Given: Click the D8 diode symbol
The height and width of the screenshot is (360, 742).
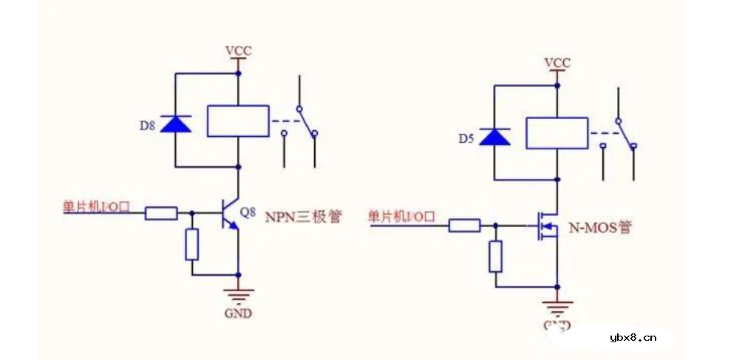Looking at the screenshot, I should click(x=176, y=123).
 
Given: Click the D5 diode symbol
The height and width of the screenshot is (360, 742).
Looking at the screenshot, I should click(x=494, y=137).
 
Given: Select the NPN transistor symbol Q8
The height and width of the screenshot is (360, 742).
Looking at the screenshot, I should click(x=231, y=214).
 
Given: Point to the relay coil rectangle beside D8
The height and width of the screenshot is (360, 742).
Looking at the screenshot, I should click(x=238, y=121).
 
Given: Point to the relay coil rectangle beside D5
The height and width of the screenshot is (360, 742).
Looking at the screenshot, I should click(x=556, y=134).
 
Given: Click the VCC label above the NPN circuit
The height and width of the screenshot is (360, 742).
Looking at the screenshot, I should click(x=238, y=51).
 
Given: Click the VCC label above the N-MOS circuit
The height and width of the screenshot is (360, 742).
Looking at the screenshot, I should click(x=557, y=63).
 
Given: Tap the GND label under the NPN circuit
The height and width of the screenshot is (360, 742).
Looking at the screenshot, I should click(x=238, y=313).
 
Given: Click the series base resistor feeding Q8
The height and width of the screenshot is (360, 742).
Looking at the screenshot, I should click(x=161, y=214).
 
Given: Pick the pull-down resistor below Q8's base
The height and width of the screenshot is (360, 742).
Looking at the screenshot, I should click(x=192, y=245).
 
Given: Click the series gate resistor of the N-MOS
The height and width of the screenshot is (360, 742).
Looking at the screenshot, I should click(x=465, y=225).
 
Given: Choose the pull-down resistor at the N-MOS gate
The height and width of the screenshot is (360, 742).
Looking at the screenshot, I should click(x=496, y=256).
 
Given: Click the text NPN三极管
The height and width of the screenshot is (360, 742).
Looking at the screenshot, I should click(x=303, y=217).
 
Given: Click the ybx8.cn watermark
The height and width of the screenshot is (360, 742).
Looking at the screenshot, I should click(x=633, y=339).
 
